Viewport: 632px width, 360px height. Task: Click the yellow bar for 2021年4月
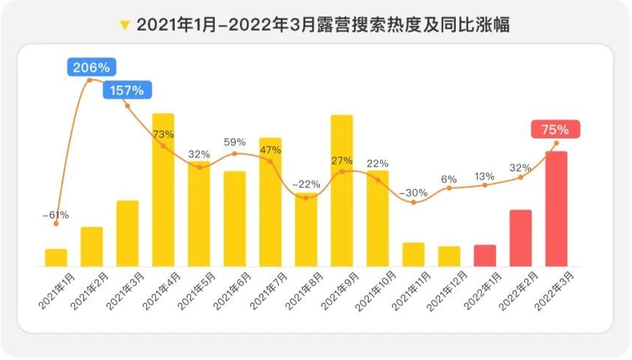coord(164,190)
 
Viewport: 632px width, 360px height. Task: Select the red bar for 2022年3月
coord(556,208)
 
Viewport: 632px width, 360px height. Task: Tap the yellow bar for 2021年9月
coord(342,190)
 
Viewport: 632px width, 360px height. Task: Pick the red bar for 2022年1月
coord(485,255)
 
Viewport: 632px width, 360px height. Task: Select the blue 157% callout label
coord(127,91)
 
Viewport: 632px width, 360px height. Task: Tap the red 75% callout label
coord(555,129)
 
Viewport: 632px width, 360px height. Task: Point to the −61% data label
coord(55,215)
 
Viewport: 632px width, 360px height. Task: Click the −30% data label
coord(413,193)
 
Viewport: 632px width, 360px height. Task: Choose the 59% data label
coord(235,141)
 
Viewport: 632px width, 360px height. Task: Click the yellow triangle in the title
coord(125,26)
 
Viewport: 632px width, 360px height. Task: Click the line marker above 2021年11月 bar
coord(413,202)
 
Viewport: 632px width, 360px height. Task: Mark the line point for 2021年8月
coord(306,198)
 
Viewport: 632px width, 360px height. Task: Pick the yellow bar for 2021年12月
coord(449,256)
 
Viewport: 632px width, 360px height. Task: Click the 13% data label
coord(485,176)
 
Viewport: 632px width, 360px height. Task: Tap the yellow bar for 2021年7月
coord(271,202)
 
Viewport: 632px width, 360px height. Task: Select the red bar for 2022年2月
coord(520,238)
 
